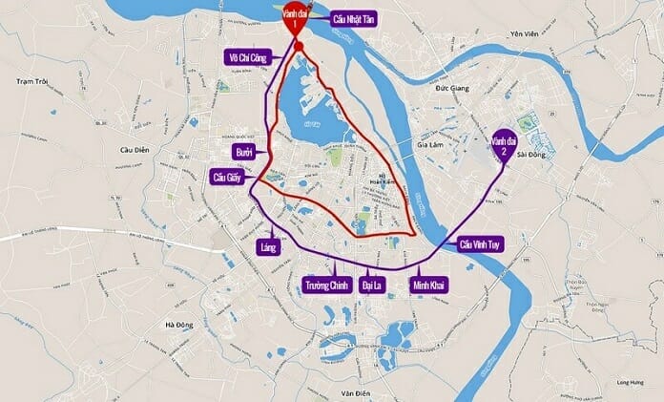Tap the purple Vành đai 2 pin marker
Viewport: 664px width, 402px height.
(x=503, y=145)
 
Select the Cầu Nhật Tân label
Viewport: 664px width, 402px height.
(x=351, y=19)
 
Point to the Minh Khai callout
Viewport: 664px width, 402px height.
(x=426, y=285)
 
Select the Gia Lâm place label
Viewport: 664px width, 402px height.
(x=431, y=146)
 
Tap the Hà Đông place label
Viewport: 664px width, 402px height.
(x=178, y=325)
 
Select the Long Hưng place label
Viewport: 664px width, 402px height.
(x=630, y=360)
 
